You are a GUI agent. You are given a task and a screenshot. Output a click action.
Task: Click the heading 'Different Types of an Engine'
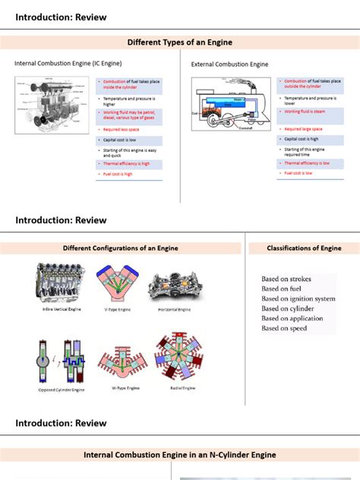(x=180, y=42)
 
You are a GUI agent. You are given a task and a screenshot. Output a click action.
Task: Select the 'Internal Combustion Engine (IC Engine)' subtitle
(x=68, y=64)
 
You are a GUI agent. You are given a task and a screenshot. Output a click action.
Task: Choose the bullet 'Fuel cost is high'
(x=117, y=174)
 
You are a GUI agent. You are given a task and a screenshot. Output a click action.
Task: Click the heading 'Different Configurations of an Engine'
(x=122, y=248)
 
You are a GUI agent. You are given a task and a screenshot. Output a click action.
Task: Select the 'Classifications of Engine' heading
(x=304, y=248)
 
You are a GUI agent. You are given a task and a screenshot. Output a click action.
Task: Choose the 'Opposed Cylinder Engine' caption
(x=62, y=390)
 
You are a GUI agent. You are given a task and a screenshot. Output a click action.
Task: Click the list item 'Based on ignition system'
(x=298, y=299)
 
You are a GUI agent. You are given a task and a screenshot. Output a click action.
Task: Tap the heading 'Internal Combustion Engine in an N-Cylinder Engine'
(x=180, y=455)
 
